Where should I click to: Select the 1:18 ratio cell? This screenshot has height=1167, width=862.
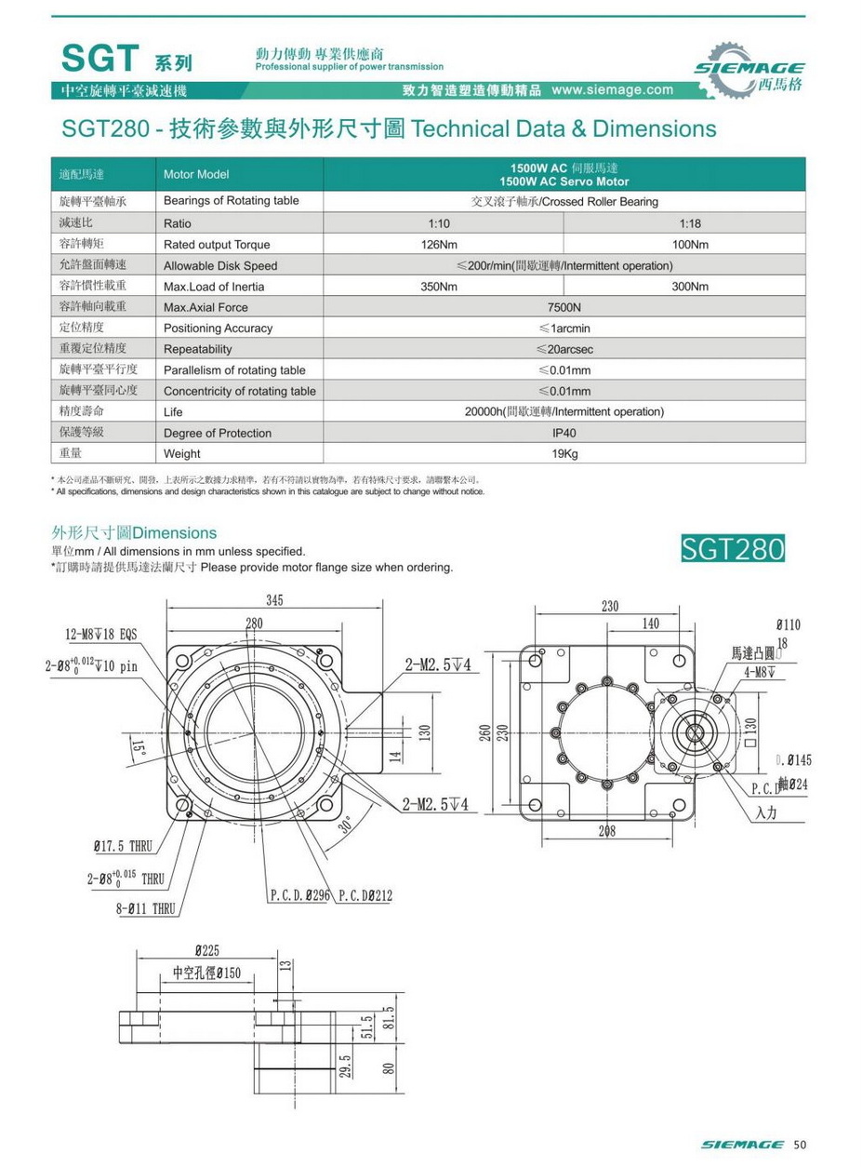click(x=689, y=223)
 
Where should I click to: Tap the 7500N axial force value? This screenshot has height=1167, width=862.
click(x=564, y=307)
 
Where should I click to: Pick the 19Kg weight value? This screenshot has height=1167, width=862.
click(x=564, y=454)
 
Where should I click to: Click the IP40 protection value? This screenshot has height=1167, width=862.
click(x=564, y=433)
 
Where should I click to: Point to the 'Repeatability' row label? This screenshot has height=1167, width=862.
click(x=197, y=349)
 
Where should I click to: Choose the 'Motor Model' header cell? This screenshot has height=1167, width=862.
click(x=195, y=174)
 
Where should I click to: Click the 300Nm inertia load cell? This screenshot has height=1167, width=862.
click(x=689, y=287)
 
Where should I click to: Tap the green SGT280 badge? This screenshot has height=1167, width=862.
click(x=733, y=548)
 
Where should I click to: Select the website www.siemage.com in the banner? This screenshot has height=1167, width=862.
click(x=612, y=90)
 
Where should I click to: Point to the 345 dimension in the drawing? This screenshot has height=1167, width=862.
click(x=274, y=600)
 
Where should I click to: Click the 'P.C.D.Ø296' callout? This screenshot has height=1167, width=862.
click(x=300, y=895)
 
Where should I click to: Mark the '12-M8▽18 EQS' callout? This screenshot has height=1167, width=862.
click(x=101, y=635)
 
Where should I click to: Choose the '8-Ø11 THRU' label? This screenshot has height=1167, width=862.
click(x=146, y=909)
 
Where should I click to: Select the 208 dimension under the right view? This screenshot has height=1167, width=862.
click(x=606, y=831)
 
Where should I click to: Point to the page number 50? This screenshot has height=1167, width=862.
click(x=800, y=1144)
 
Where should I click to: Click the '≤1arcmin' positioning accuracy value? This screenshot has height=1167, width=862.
click(x=564, y=329)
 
